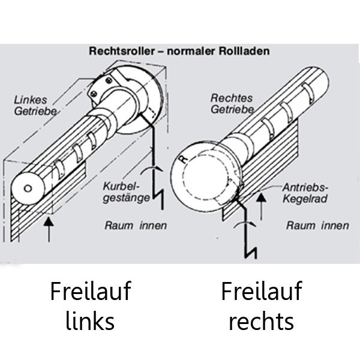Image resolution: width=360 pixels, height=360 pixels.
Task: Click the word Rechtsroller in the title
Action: (x=122, y=51)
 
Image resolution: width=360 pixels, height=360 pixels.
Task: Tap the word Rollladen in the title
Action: (x=244, y=51)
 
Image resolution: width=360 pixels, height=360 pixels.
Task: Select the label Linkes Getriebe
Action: (x=35, y=106)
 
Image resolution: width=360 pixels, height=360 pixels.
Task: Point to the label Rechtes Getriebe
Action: (x=232, y=104)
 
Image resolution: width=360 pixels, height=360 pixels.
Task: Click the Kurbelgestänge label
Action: (x=126, y=192)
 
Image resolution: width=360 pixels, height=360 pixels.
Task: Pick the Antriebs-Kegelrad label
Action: (x=305, y=193)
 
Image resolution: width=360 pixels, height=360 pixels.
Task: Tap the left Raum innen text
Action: (x=136, y=226)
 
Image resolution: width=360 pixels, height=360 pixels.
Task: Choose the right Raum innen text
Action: (x=317, y=226)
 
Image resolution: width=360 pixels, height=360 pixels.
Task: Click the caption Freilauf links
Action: (x=91, y=306)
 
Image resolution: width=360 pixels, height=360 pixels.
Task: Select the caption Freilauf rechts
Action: (x=262, y=306)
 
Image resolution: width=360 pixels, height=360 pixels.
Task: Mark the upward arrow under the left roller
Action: (x=49, y=230)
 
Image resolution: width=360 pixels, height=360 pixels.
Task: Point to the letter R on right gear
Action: (x=184, y=159)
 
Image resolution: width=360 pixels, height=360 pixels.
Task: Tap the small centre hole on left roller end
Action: (x=28, y=188)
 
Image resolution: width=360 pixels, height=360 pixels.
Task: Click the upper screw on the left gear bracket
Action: (x=109, y=80)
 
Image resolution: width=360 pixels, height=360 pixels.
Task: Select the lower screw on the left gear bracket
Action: (x=94, y=94)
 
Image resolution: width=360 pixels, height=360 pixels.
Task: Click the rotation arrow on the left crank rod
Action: (x=152, y=168)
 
